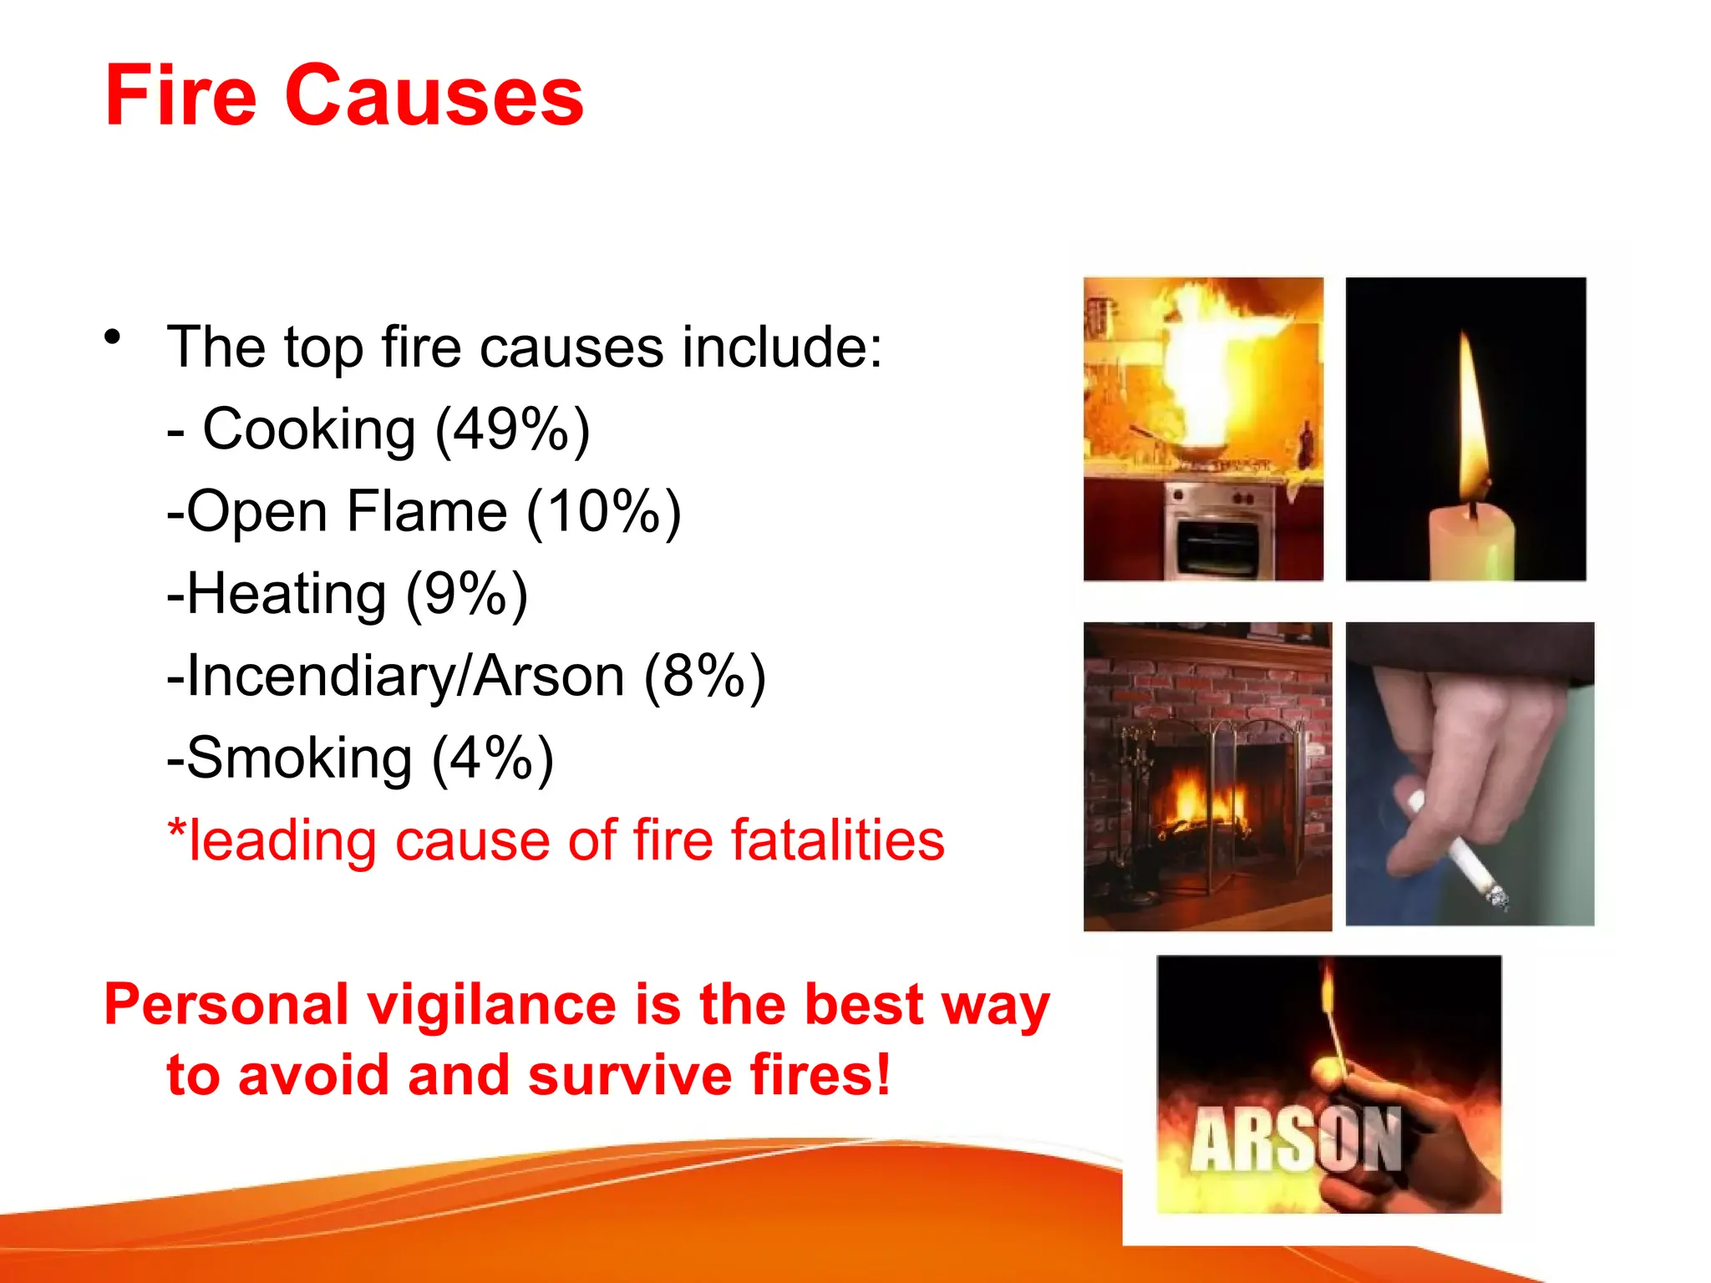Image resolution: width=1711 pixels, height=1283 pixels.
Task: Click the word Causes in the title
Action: [x=434, y=97]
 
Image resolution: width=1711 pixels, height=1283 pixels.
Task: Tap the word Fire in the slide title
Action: [x=180, y=97]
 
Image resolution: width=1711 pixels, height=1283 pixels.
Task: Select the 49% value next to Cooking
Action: [x=512, y=429]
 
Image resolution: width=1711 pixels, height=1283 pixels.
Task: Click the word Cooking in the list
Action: [x=309, y=429]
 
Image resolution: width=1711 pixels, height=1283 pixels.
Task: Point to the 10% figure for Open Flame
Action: [x=603, y=511]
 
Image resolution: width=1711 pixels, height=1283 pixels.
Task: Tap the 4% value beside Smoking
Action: [x=492, y=758]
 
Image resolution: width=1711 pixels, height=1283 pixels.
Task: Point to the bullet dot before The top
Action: [x=113, y=337]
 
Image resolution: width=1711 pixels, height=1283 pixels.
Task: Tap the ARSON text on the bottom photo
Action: [x=1295, y=1140]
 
